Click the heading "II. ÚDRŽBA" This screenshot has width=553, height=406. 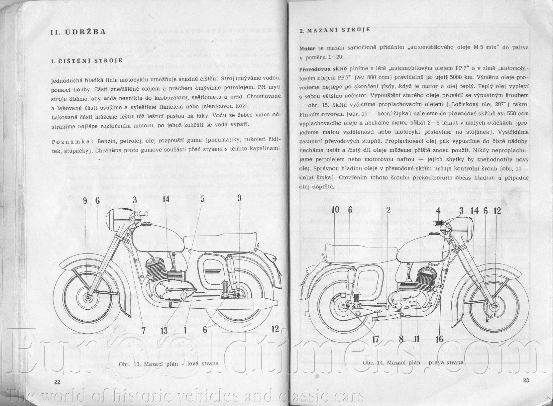click(78, 32)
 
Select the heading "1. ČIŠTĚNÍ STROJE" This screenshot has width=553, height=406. click(87, 61)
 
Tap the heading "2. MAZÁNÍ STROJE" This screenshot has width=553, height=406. click(335, 30)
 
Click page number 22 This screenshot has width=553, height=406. click(57, 382)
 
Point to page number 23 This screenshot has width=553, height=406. click(525, 381)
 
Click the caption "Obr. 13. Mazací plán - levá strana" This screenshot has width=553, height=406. click(168, 363)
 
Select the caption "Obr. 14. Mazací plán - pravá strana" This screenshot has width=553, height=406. click(413, 362)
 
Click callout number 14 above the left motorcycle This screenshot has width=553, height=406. click(166, 199)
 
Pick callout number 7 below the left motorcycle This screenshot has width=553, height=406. click(143, 331)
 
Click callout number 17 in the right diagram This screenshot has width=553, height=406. click(375, 339)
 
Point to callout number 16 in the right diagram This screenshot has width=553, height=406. click(439, 339)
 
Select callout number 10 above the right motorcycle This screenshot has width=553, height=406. click(335, 210)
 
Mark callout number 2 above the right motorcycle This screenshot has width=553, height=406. click(388, 210)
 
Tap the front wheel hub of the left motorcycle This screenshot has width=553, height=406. click(88, 297)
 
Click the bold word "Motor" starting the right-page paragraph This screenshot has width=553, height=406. click(307, 49)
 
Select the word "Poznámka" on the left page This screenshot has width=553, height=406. click(68, 142)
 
